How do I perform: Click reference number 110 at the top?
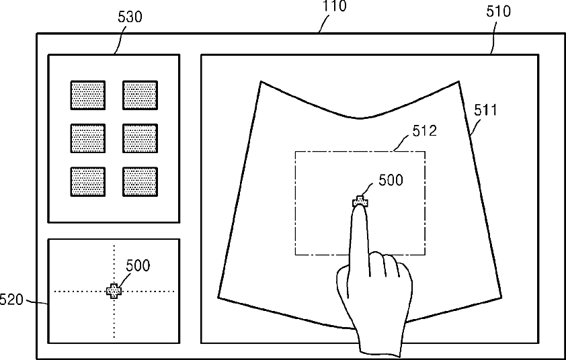pos(335,7)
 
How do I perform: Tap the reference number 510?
pos(498,11)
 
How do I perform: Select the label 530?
pos(130,17)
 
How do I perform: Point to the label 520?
pos(11,299)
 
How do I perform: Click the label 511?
pos(486,109)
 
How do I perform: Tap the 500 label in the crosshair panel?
pos(138,265)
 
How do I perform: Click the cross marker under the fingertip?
pos(361,201)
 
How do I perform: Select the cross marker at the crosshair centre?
pos(114,291)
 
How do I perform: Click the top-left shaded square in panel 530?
pos(88,95)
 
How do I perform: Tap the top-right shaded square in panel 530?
pos(140,95)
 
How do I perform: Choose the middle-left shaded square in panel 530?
pos(88,138)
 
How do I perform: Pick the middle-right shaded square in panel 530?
pos(140,138)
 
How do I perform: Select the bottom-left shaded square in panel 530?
pos(88,181)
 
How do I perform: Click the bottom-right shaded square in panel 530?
pos(140,181)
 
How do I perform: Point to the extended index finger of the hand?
pos(361,235)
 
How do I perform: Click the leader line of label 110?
pos(325,24)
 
